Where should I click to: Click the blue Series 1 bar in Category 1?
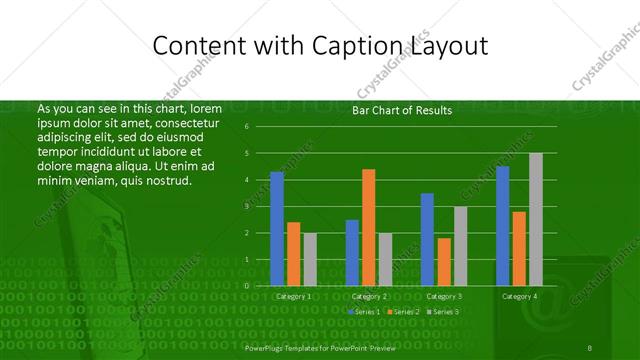pos(277,229)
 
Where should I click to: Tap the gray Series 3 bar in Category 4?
pos(536,219)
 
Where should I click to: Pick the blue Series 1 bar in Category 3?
pos(427,239)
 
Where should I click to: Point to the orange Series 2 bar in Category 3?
pos(444,261)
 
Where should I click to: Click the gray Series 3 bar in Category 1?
pos(310,259)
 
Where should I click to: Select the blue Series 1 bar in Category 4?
pos(502,226)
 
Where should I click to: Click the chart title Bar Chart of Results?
pos(402,111)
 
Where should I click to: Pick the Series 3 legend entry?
pos(443,313)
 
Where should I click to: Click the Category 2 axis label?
pos(369,296)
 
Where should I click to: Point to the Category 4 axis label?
pos(519,296)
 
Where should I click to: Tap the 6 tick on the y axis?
pos(260,127)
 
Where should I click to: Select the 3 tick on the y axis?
pos(260,206)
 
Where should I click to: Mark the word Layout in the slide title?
pos(449,46)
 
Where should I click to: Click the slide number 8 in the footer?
pos(591,345)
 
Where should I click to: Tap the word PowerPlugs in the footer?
pos(265,345)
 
